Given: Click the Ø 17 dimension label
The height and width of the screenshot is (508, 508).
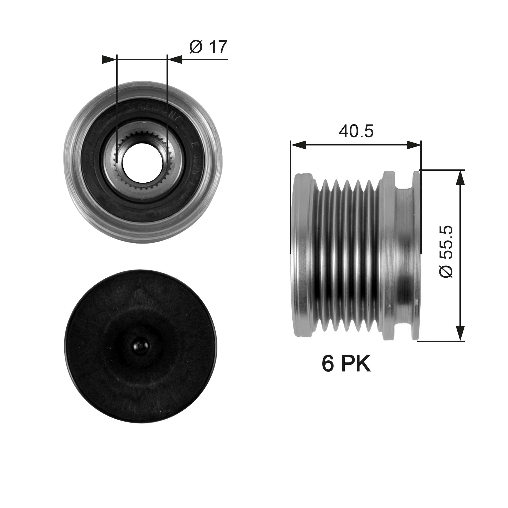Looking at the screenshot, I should [208, 47].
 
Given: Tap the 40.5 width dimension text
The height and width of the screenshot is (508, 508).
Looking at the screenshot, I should [356, 132].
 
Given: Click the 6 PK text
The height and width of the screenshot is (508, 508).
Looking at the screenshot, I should [346, 364].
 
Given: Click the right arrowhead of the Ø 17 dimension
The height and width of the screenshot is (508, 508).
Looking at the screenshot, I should [175, 60].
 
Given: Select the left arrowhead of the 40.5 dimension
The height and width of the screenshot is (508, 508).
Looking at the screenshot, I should [298, 145].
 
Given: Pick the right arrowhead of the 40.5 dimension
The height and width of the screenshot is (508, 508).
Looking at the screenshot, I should [413, 145].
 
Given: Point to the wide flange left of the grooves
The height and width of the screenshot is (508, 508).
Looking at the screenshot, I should [302, 255].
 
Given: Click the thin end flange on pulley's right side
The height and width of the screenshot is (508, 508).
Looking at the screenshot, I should [416, 255].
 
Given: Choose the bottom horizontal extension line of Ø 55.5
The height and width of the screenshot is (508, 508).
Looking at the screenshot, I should [441, 341].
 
